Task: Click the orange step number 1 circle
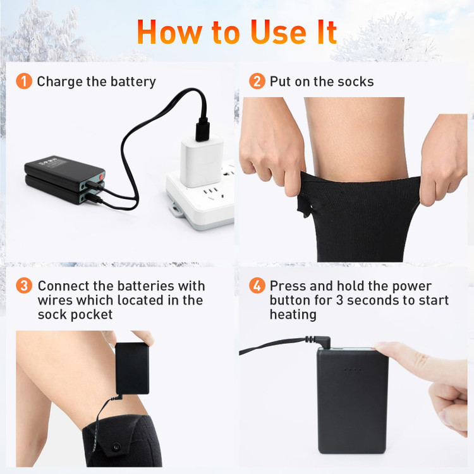(24, 81)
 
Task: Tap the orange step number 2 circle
(257, 81)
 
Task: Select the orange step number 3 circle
(24, 286)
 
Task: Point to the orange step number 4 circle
(257, 286)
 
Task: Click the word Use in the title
(279, 33)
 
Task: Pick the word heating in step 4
(293, 315)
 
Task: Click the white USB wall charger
(202, 161)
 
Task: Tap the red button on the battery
(101, 176)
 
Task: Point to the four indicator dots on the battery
(353, 370)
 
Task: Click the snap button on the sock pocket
(116, 446)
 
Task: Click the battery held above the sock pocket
(132, 368)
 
